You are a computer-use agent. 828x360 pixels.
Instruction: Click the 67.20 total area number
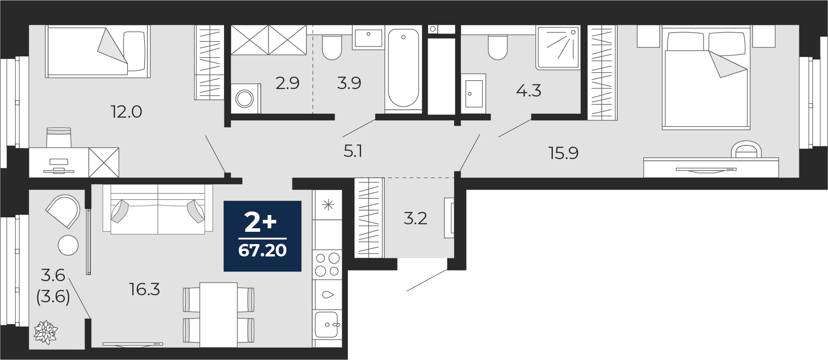262,250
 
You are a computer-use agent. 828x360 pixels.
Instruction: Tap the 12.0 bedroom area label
126,112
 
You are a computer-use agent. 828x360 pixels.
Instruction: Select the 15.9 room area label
563,153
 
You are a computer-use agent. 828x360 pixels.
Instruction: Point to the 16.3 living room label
145,289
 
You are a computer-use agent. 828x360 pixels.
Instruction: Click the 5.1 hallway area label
353,152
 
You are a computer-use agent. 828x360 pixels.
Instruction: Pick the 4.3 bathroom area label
528,90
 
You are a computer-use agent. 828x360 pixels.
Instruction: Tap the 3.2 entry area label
415,218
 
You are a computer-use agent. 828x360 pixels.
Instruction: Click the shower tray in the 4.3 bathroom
558,47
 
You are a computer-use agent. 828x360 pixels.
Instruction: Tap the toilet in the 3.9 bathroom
332,47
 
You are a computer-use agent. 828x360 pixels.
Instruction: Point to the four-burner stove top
328,264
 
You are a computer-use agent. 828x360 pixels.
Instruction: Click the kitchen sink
328,325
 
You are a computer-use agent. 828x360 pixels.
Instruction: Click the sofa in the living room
158,209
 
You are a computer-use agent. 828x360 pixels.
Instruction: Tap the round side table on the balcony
68,245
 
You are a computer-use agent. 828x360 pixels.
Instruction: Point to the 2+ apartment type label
261,223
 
